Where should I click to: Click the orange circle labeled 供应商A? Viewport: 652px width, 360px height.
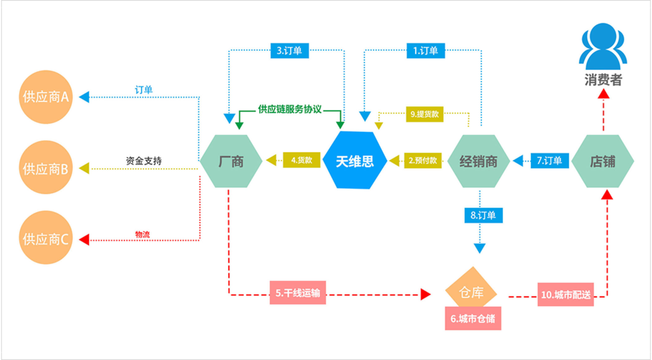pos(46,97)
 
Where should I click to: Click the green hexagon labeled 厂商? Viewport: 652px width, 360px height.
pos(231,161)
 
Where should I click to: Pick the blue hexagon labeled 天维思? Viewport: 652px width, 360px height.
pos(355,161)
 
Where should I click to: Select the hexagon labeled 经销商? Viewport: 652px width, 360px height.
pos(478,161)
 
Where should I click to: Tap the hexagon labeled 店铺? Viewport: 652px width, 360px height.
pos(603,161)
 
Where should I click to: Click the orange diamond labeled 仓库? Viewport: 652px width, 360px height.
pos(471,290)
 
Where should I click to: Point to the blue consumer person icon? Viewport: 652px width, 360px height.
pos(603,46)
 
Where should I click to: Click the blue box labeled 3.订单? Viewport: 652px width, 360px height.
pos(290,51)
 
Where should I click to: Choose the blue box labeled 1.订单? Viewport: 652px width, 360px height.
pos(426,51)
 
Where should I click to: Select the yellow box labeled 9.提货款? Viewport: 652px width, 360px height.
pos(424,114)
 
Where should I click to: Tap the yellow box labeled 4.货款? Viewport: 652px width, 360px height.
pos(301,160)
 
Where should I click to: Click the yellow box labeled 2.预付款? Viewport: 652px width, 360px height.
pos(423,160)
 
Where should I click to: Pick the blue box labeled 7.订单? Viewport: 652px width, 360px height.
pos(550,161)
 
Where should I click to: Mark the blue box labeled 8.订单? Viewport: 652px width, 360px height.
pos(483,215)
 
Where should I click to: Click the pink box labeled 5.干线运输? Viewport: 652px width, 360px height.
pos(298,293)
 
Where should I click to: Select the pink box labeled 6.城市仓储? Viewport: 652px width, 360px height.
pos(473,319)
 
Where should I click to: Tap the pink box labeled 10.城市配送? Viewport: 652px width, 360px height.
pos(565,294)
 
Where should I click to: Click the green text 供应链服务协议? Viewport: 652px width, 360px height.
pos(290,109)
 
